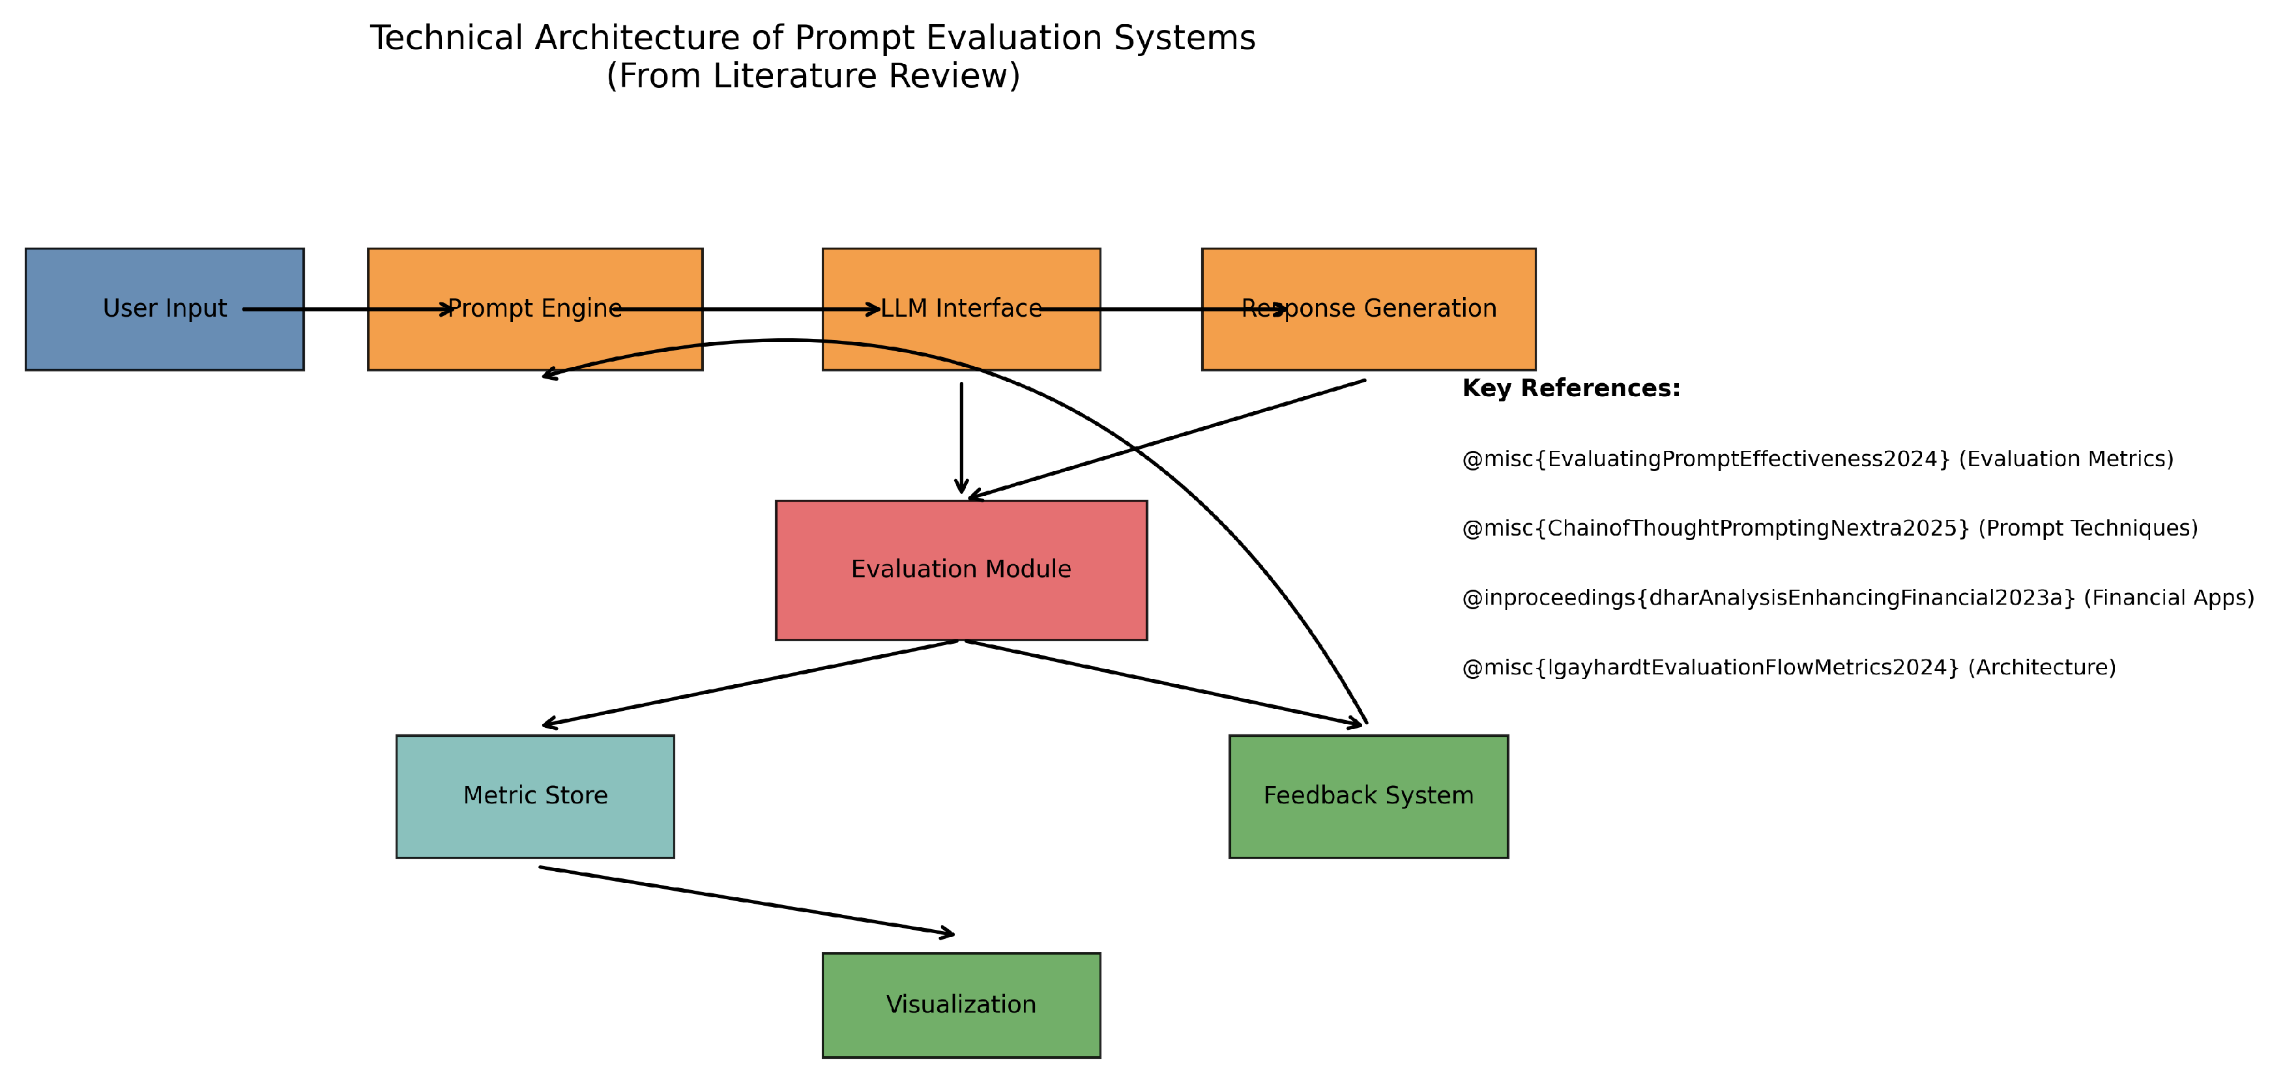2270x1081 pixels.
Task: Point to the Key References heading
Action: pyautogui.click(x=1570, y=388)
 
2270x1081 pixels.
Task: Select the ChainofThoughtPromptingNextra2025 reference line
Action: pyautogui.click(x=1829, y=528)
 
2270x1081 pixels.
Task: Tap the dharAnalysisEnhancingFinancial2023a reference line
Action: pyautogui.click(x=1857, y=598)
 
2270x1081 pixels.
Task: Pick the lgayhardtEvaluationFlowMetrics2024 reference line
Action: pyautogui.click(x=1789, y=667)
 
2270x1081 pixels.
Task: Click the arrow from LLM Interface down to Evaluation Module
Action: pyautogui.click(x=961, y=436)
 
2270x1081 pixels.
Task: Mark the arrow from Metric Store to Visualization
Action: pyautogui.click(x=746, y=901)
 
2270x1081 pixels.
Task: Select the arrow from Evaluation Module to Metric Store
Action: pyautogui.click(x=749, y=684)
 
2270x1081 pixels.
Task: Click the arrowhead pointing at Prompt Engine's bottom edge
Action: pyautogui.click(x=548, y=376)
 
